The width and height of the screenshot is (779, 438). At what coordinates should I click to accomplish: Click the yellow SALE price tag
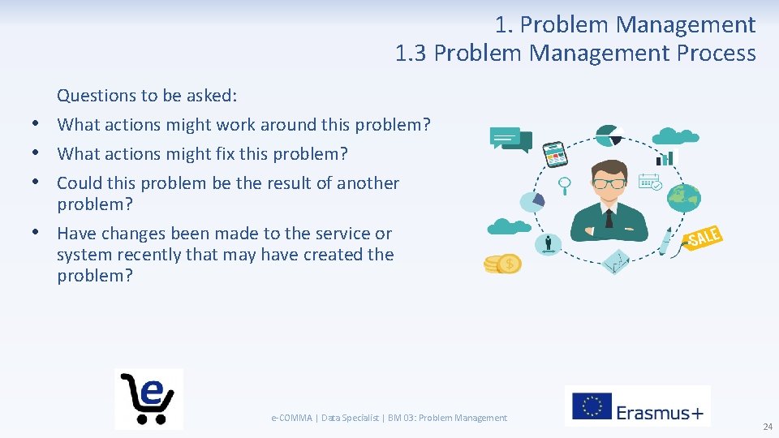tap(703, 238)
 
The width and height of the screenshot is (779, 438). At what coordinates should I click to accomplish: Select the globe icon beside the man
tap(683, 196)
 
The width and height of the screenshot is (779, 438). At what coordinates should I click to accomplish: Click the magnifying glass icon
tap(565, 184)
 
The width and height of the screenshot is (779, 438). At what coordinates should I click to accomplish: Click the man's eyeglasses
tap(609, 183)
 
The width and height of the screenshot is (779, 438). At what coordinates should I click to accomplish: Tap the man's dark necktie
tap(609, 217)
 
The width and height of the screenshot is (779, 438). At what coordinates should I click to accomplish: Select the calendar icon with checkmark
tap(650, 182)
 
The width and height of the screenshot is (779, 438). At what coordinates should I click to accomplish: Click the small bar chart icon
tap(665, 157)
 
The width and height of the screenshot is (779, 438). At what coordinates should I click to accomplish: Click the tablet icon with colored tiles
tap(554, 152)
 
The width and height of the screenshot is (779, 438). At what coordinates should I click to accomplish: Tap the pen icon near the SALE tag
tap(666, 241)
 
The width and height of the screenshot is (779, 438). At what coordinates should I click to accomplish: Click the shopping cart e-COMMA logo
tap(148, 397)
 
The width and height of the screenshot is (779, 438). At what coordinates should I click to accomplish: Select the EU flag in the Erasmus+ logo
tap(592, 406)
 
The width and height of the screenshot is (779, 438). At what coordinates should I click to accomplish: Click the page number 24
tap(767, 427)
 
